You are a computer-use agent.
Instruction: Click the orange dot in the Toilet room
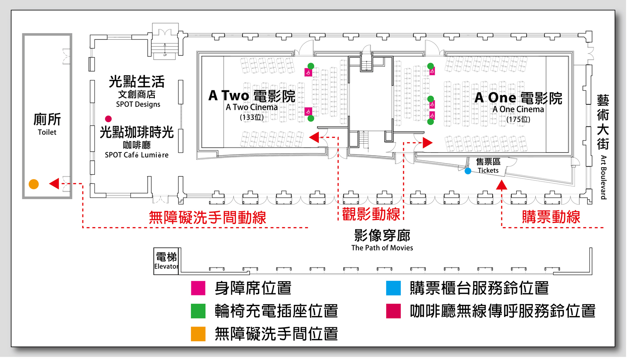34,184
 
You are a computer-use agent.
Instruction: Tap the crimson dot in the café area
108,119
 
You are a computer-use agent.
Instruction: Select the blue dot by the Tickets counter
468,171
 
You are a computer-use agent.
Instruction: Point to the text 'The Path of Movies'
382,248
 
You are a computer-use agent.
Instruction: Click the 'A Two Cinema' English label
252,107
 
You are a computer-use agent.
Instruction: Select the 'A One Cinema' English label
518,109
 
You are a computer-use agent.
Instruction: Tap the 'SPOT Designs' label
138,104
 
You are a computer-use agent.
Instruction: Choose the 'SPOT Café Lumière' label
137,155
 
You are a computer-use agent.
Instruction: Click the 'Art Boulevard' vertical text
603,177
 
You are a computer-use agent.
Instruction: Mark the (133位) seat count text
252,117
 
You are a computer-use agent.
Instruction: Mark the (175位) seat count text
518,119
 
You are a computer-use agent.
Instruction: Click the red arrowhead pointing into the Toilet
54,184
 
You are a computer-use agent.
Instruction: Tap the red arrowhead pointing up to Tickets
502,185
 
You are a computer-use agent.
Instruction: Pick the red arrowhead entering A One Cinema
428,143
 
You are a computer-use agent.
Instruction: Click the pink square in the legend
198,288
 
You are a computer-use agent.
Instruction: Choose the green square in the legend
198,311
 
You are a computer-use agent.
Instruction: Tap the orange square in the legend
198,334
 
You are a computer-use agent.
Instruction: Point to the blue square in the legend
393,288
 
